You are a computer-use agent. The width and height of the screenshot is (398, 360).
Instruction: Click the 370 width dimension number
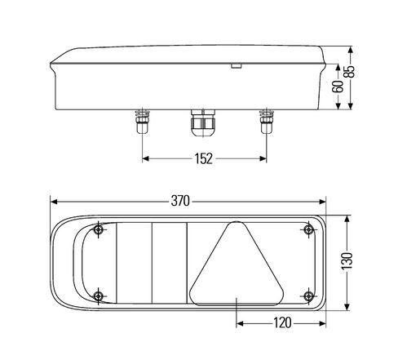pos(180,201)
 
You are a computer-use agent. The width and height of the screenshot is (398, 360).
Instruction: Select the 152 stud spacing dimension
pos(203,158)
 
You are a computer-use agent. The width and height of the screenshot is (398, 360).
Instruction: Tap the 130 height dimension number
pos(347,261)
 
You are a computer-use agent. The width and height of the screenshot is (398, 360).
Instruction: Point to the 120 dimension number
pos(282,323)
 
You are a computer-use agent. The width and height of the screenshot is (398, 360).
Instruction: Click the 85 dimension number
pos(350,71)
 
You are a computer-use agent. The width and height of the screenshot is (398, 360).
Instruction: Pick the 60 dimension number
pos(338,87)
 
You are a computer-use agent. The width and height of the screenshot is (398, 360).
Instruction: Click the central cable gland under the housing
pos(203,122)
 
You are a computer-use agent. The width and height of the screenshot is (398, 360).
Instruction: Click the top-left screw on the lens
pos(98,230)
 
